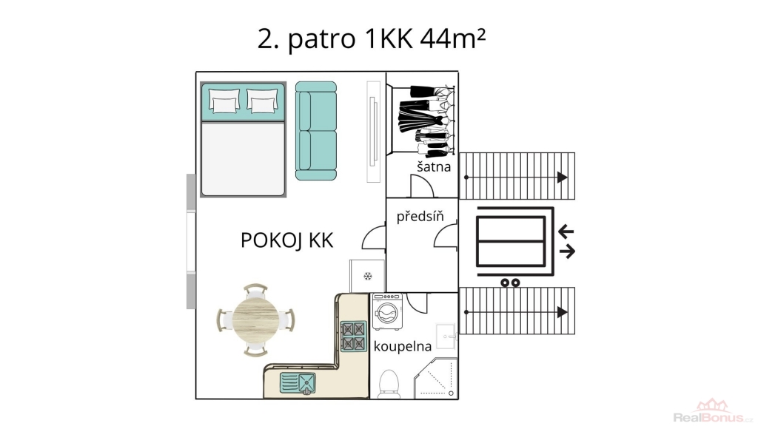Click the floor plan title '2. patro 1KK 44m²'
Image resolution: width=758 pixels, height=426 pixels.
pos(372,38)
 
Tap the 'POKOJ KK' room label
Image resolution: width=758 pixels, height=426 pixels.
pos(287,240)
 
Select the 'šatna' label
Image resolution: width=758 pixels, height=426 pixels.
pos(434,166)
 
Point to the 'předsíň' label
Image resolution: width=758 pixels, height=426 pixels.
pos(420,216)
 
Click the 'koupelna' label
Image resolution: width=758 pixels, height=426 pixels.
pos(402,346)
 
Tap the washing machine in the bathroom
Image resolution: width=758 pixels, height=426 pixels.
pos(387,311)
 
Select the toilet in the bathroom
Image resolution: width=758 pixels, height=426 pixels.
pos(389,384)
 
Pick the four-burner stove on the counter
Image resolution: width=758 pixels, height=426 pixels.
pos(353,337)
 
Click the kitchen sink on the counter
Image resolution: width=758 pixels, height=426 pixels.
pos(298,384)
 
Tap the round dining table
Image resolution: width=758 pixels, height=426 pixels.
pos(255,319)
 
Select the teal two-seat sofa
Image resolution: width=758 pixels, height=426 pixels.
pos(315,131)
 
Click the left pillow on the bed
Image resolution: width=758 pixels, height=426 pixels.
pos(224,101)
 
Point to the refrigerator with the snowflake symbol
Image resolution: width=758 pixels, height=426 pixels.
pos(367,277)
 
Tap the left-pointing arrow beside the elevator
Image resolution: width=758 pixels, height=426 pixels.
pos(566,231)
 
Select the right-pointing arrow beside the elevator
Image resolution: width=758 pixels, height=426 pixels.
pos(567,251)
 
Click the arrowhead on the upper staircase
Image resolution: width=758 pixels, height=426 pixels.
pos(562,177)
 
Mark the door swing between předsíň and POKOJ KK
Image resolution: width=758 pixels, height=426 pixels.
pos(374,237)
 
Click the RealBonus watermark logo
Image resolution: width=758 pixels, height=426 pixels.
pos(713,411)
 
